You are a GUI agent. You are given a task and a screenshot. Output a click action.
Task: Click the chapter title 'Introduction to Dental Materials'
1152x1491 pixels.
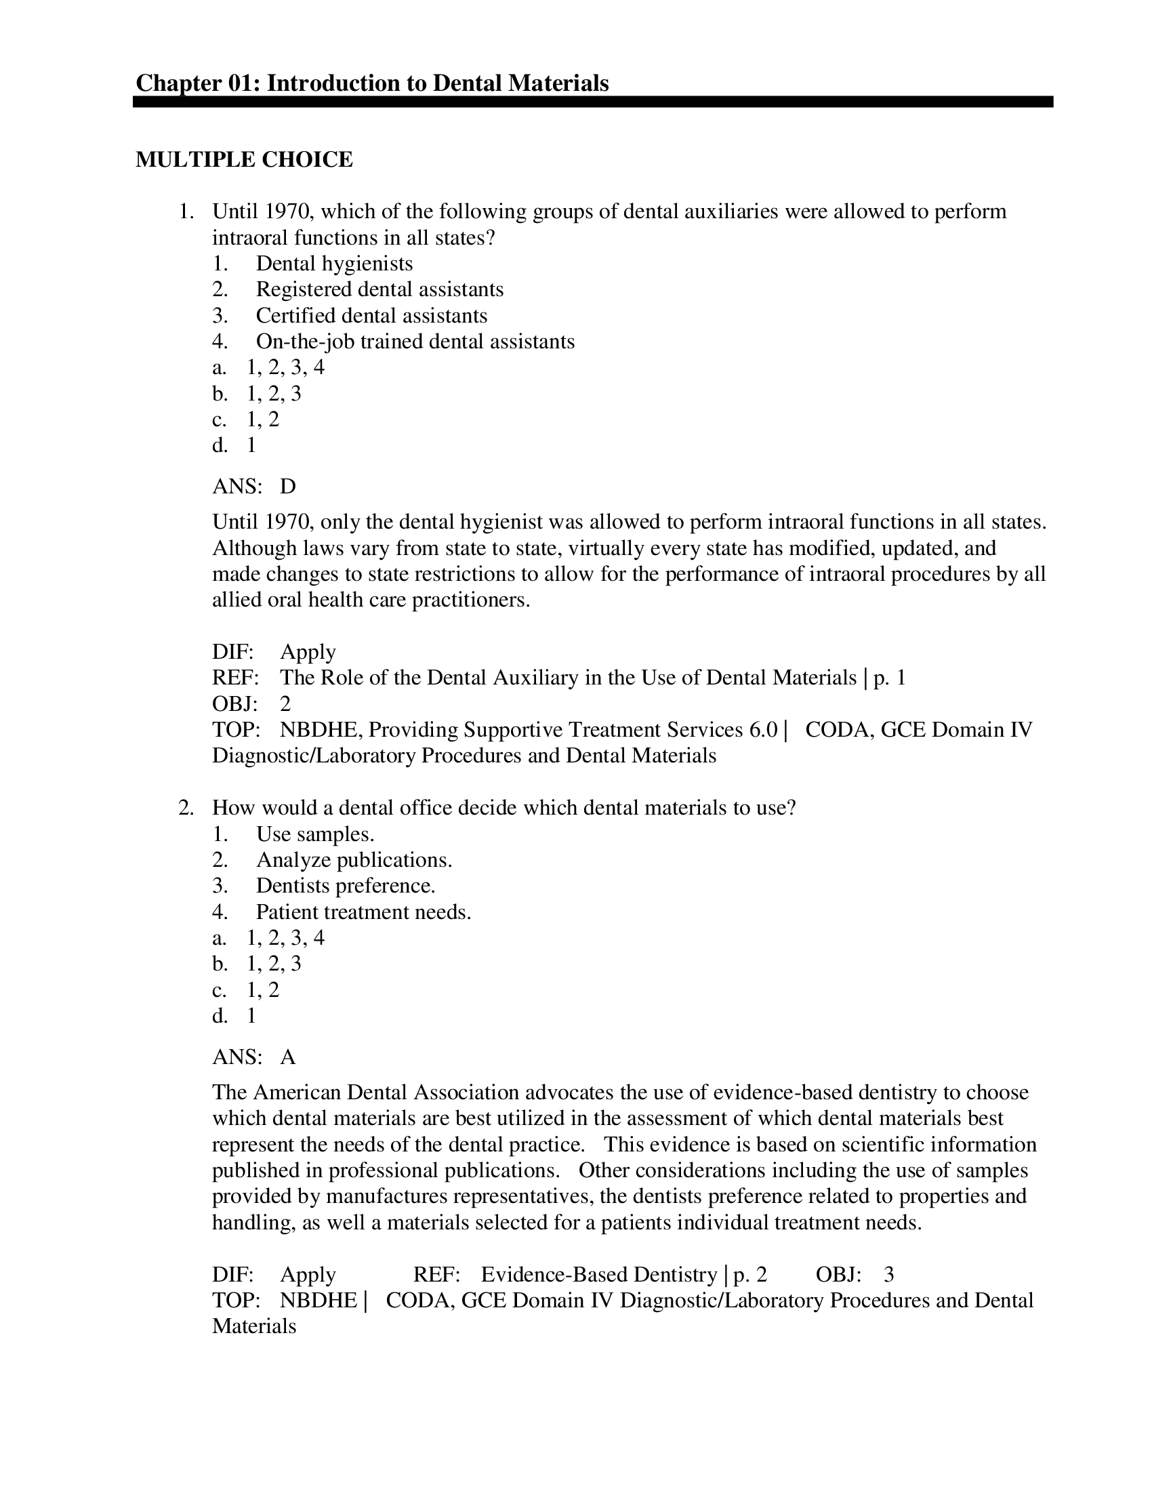point(437,83)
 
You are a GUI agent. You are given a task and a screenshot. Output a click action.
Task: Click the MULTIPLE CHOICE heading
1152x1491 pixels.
point(245,160)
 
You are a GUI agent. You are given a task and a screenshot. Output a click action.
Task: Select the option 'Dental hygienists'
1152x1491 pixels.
point(334,264)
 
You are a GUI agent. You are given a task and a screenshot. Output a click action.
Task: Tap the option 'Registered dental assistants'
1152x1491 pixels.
point(379,289)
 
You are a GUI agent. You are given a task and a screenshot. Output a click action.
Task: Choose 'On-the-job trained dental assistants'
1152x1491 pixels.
point(415,342)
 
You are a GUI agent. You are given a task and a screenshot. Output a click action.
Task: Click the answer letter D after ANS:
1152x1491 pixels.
point(288,487)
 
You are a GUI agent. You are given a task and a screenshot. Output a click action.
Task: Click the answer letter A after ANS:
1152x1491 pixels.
point(288,1057)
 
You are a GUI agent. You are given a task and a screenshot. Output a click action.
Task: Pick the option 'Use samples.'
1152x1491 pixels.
point(315,834)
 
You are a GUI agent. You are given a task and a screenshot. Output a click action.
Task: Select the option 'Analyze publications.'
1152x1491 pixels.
point(354,860)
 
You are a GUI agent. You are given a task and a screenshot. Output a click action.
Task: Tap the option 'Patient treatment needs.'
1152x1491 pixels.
point(364,912)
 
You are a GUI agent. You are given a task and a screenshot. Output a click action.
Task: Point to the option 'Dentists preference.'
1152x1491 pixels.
point(346,886)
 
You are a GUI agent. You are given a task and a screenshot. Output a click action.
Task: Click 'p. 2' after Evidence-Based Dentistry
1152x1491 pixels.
point(750,1275)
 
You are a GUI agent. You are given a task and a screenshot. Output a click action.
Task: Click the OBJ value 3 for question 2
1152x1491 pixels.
point(888,1275)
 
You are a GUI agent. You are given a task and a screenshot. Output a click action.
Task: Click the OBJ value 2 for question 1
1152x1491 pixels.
point(285,704)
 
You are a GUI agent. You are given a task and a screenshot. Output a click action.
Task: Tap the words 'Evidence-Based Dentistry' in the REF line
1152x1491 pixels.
point(598,1275)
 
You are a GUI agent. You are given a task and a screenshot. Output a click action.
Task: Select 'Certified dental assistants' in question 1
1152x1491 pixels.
point(371,315)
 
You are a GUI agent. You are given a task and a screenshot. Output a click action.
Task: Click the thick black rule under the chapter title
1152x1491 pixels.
point(592,102)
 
